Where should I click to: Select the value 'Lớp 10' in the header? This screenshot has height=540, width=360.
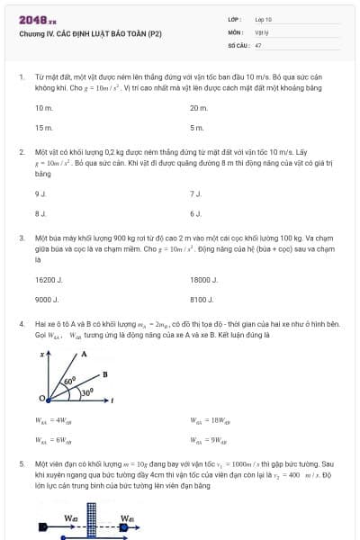pos(263,19)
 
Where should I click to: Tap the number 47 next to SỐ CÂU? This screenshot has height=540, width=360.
pos(258,44)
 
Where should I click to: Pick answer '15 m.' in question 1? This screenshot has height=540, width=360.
pos(44,128)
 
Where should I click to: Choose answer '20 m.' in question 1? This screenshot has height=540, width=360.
pos(199,108)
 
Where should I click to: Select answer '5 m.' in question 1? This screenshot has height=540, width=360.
pos(197,128)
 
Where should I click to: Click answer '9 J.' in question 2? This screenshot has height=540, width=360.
pos(40,193)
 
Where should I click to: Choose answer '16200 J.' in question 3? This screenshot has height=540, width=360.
pos(49,279)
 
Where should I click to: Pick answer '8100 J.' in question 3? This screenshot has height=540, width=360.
pos(202,299)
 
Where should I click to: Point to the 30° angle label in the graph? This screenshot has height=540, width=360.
pos(87,392)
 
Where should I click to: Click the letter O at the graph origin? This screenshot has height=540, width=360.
pos(41,397)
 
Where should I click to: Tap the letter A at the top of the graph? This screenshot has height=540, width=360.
pos(83,354)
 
